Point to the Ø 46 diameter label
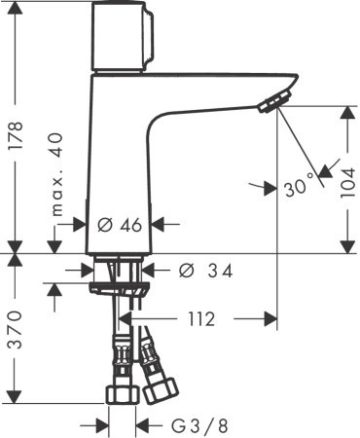[x=121, y=224]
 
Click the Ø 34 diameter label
[x=206, y=270]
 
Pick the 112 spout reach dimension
[x=202, y=318]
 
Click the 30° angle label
[x=301, y=183]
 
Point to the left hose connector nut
[x=121, y=393]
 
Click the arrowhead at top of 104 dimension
[x=347, y=111]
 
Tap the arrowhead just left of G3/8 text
[x=142, y=424]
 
